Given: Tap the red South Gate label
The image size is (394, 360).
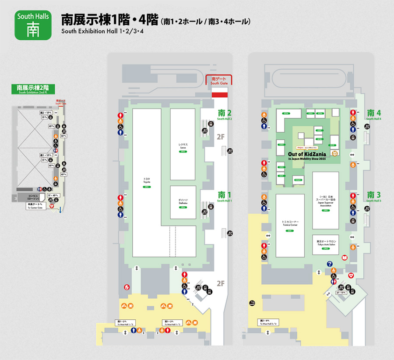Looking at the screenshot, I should pos(218,81).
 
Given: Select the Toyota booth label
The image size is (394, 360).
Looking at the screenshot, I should pos(147,180).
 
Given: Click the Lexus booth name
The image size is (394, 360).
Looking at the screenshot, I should pos(183,146).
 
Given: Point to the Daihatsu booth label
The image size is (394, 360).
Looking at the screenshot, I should pos(183,202).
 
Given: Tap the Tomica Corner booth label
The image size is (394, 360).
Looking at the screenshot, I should pos(289,224).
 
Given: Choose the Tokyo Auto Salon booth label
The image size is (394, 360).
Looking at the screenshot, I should pos(325,243).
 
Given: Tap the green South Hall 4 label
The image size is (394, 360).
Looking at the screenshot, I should pos(374,114).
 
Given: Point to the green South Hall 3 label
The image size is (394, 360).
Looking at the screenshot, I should pos(374,196).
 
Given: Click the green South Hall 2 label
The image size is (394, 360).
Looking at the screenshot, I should pos(225,114).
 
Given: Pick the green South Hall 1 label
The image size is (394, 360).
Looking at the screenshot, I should pos(225,196).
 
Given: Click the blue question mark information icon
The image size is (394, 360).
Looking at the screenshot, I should pos(329,264).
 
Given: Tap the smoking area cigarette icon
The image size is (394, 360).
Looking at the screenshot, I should pos(252,304).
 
